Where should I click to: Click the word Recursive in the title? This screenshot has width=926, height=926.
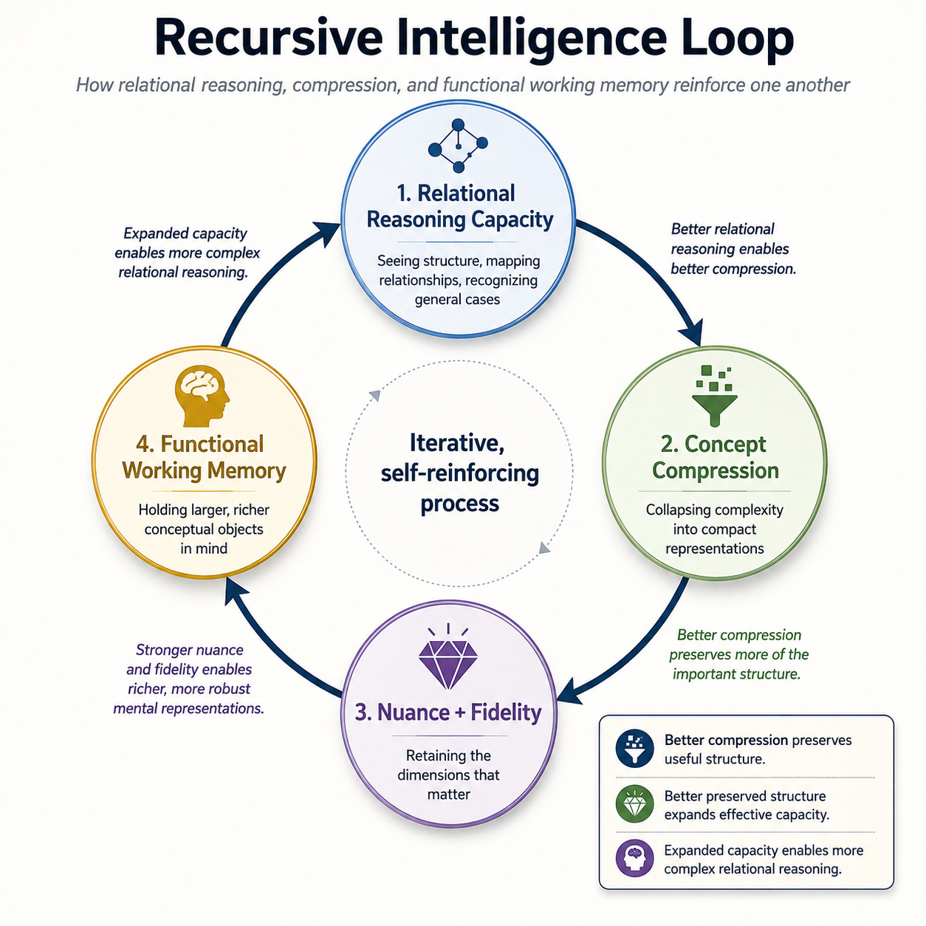(268, 38)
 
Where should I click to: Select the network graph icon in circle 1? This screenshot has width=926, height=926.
(458, 145)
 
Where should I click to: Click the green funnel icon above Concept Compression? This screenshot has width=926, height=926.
(714, 396)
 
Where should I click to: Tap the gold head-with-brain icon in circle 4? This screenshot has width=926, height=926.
(202, 397)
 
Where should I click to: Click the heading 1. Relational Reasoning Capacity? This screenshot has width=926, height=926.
(459, 206)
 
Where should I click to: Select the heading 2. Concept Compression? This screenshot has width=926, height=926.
(715, 457)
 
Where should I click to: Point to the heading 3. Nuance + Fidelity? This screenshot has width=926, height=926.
(448, 712)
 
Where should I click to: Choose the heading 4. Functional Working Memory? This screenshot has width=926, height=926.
(204, 457)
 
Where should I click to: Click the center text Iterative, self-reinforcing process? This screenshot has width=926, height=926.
(459, 473)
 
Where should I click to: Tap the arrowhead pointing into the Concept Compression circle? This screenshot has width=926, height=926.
(691, 331)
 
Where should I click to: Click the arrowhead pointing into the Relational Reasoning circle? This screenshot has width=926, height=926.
(327, 233)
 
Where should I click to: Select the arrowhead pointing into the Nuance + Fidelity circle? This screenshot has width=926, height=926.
(570, 691)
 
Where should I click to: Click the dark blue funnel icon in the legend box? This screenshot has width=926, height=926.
(634, 750)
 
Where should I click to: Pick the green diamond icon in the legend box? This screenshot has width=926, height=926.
(634, 804)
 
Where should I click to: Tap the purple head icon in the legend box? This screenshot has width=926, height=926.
(634, 859)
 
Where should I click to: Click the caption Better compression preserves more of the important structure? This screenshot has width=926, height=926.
(738, 654)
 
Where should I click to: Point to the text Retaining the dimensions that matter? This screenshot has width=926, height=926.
(448, 775)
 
